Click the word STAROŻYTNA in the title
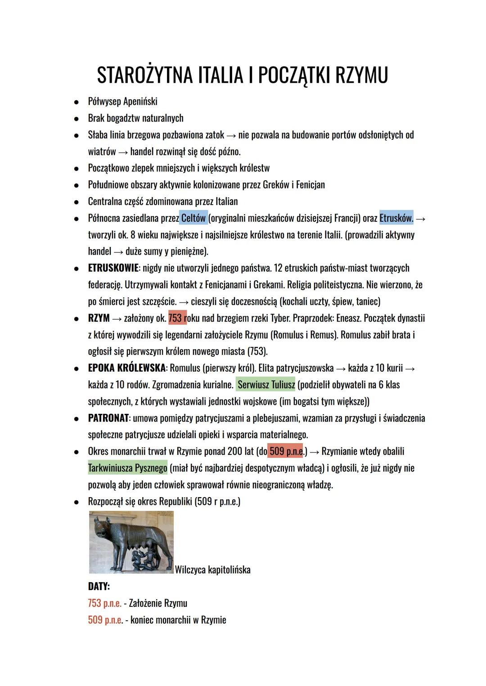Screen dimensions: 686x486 click(x=144, y=75)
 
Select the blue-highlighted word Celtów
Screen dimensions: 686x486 click(x=193, y=218)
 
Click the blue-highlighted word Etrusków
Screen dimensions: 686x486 click(x=396, y=218)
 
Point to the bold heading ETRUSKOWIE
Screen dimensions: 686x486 click(x=113, y=268)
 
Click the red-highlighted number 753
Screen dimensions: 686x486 click(x=175, y=318)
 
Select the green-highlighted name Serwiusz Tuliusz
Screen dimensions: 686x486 click(x=266, y=385)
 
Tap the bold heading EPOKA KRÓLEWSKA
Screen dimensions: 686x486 click(x=126, y=368)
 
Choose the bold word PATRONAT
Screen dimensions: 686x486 click(x=108, y=418)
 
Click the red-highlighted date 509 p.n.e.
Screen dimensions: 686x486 click(x=286, y=451)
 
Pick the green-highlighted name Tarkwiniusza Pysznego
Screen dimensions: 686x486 click(x=128, y=468)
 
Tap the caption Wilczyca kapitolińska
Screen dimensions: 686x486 click(x=212, y=570)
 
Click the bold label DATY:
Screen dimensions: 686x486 click(x=99, y=587)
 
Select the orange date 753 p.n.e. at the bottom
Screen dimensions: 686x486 click(x=104, y=603)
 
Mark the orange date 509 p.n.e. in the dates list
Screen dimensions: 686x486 click(x=105, y=620)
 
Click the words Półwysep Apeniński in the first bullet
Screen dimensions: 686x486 click(x=122, y=102)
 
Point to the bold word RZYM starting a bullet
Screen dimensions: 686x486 click(x=99, y=318)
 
